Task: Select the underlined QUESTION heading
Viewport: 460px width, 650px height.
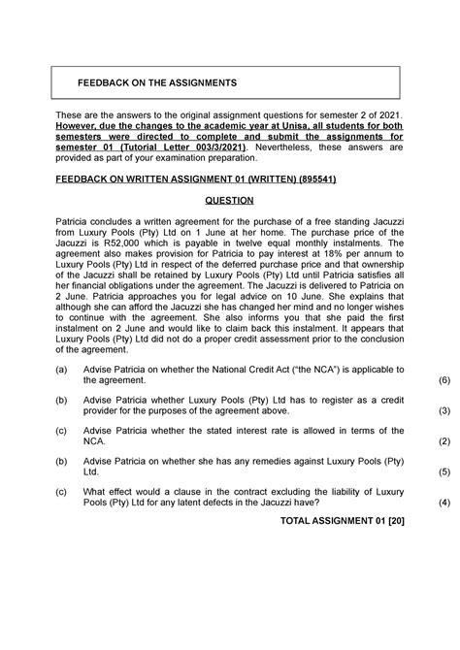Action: pos(229,201)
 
